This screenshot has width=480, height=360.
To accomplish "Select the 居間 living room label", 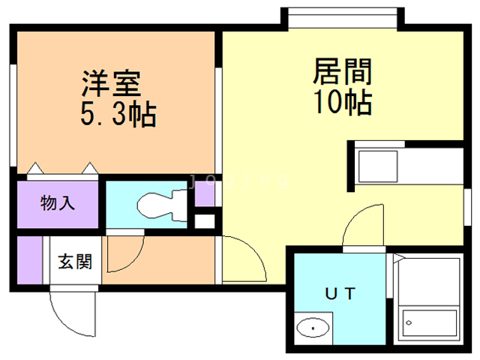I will [342, 73].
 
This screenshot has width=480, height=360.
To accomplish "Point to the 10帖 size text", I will [343, 103].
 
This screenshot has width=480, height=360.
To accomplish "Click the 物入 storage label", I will [58, 202].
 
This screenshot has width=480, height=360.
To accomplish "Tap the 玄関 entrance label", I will [75, 262].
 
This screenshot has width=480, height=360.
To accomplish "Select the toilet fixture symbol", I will [160, 203].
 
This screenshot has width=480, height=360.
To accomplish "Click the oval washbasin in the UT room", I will [313, 328].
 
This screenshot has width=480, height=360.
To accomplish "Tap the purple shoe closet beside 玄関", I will [30, 259].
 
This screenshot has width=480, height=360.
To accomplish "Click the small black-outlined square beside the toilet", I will [203, 222].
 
